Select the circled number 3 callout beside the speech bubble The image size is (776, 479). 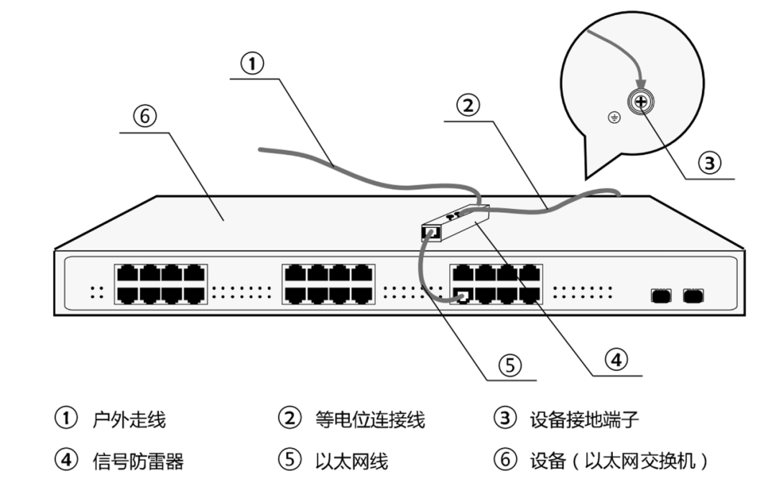[709, 162]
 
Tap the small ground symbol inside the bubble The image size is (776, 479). [613, 118]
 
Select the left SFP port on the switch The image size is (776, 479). [660, 294]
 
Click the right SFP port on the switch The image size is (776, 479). [693, 294]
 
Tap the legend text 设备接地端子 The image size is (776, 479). [583, 419]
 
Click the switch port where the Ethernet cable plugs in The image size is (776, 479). [463, 295]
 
